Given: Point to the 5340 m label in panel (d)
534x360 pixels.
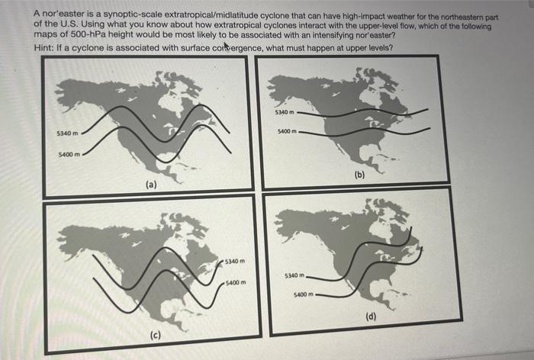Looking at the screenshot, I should [x=295, y=275].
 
